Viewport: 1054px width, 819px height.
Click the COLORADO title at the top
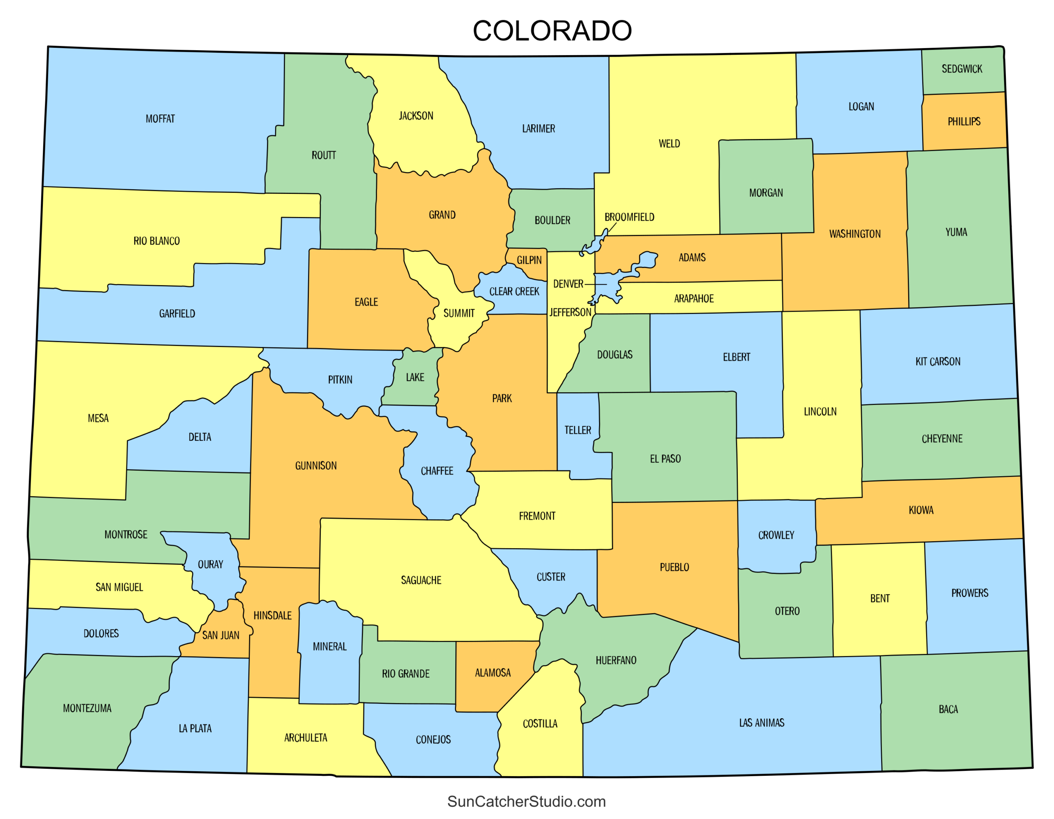pos(552,31)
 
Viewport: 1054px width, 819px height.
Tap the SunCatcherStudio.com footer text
pos(526,801)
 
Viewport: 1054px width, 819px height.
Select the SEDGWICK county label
pos(961,69)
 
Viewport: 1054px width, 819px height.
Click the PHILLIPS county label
pos(963,121)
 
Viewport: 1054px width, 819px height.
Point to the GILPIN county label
pos(529,261)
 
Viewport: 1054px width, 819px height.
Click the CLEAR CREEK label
pos(514,292)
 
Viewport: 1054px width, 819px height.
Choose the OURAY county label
pos(210,565)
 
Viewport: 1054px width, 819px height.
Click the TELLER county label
pos(577,430)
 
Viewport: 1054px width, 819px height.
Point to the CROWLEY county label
pos(776,535)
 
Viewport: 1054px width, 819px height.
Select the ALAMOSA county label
pos(492,673)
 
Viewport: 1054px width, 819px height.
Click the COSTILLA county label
pos(539,724)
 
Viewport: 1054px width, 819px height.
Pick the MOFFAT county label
pos(160,119)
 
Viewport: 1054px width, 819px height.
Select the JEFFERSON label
pos(569,312)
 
